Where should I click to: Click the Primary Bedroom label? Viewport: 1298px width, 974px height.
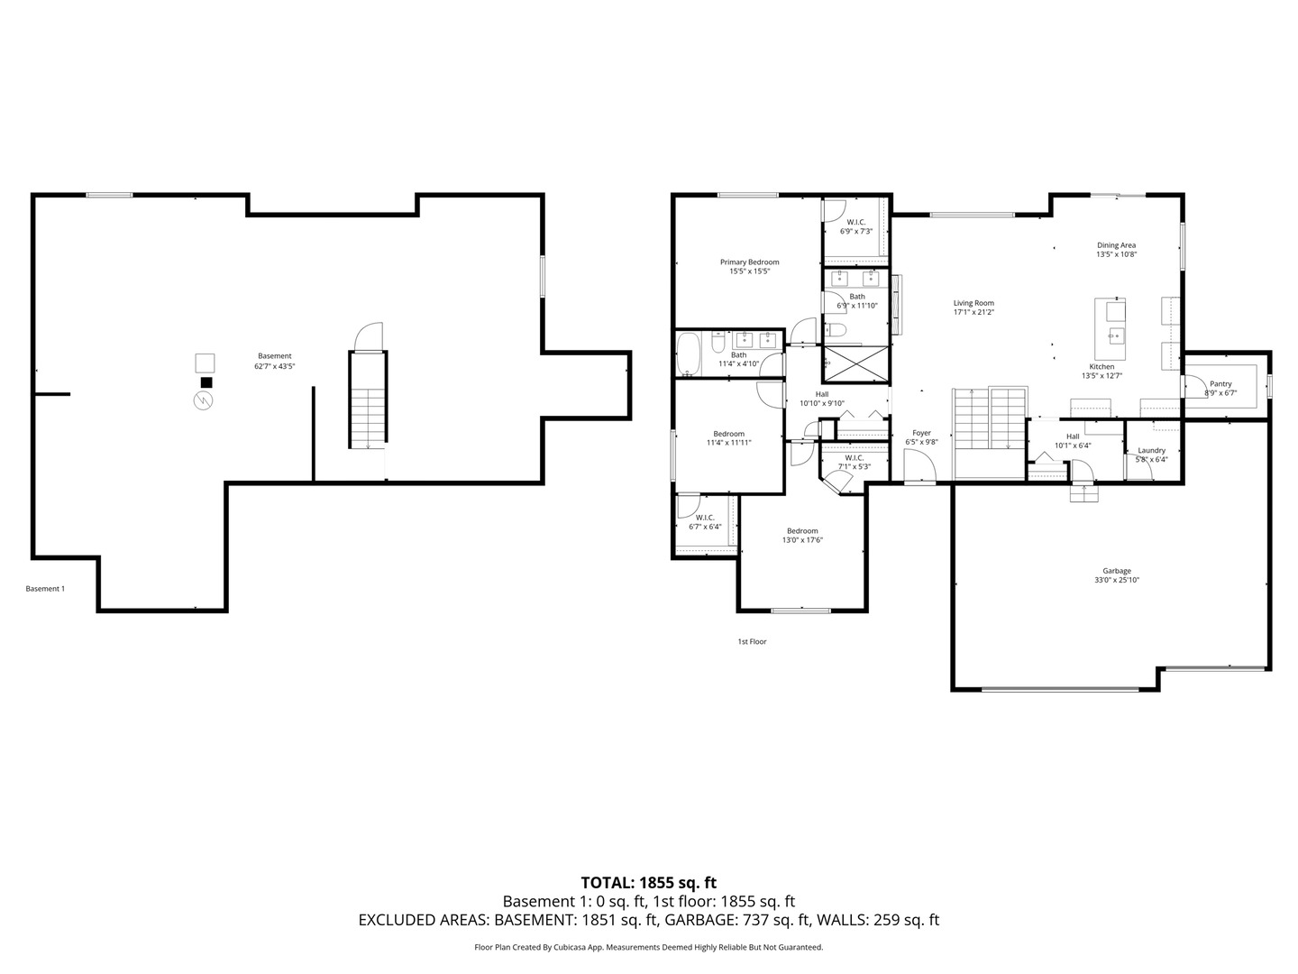tap(749, 262)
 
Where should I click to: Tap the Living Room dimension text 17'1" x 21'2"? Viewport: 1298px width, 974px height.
tap(973, 312)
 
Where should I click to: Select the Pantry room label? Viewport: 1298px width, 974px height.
tap(1220, 384)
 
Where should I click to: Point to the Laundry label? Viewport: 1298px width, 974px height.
tap(1151, 450)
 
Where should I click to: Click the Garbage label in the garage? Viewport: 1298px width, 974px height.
tap(1117, 571)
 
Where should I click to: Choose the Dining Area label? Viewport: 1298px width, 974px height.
tap(1117, 244)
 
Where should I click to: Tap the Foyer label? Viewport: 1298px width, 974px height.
tap(921, 433)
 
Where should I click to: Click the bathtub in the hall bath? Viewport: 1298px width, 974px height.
tap(688, 354)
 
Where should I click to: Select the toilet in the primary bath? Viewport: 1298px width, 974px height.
tap(836, 329)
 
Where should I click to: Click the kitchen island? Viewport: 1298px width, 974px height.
tap(1110, 329)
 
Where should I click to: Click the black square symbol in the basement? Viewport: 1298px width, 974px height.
tap(206, 382)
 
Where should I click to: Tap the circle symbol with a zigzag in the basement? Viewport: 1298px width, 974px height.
tap(204, 401)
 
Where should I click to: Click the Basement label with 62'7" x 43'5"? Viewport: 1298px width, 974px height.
tap(274, 361)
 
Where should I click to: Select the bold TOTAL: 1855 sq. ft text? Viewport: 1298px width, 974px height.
tap(649, 883)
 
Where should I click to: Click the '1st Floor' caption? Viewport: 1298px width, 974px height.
tap(752, 641)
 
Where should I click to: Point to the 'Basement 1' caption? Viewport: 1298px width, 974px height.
tap(45, 589)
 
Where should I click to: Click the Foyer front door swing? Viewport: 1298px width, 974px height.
tap(919, 466)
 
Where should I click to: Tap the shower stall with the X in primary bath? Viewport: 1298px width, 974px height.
tap(856, 363)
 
